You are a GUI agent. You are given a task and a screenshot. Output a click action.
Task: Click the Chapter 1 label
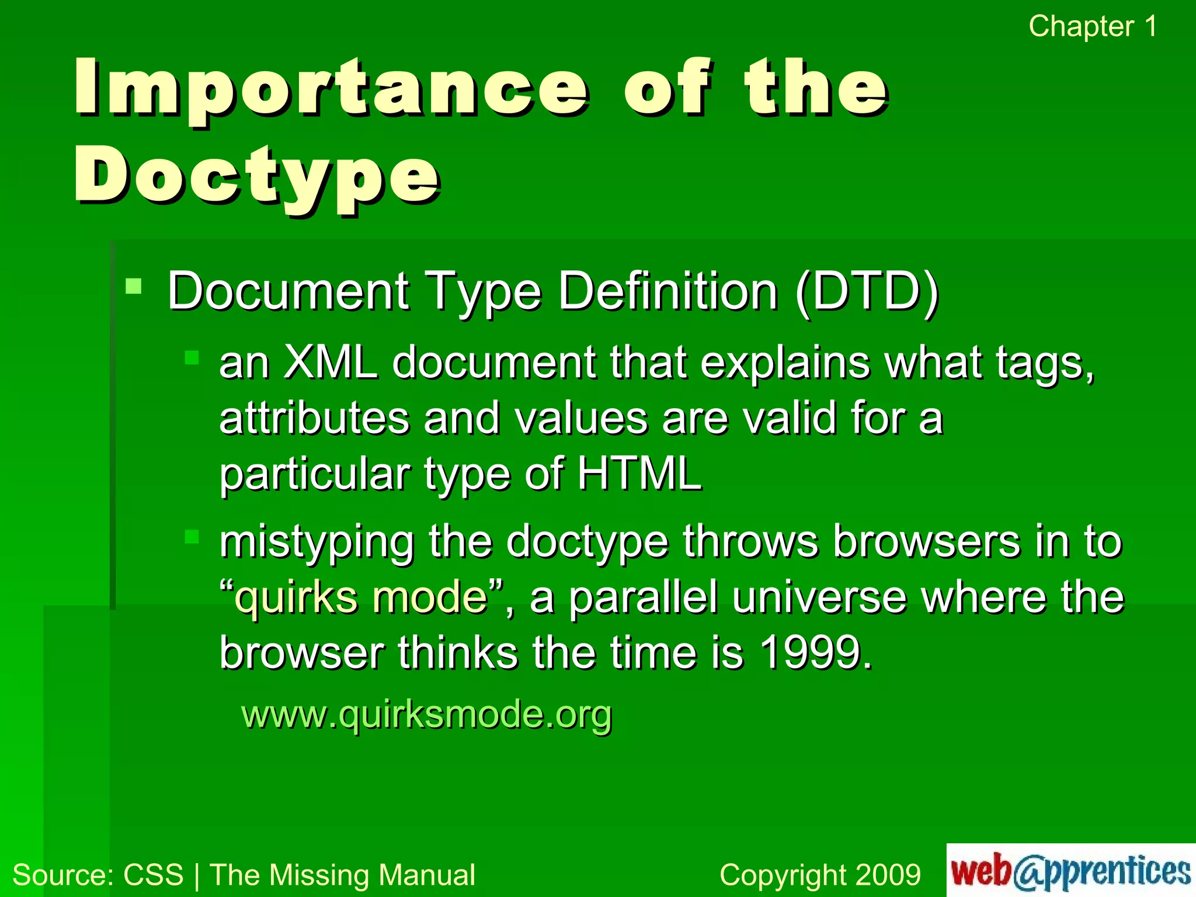tap(1092, 27)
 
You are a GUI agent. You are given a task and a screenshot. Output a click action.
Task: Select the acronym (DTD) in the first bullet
tap(867, 291)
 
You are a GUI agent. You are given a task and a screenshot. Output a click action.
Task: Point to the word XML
tap(331, 363)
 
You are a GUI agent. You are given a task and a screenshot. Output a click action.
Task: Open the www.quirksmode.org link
tap(426, 714)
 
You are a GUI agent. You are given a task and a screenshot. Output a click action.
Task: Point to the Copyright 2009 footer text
tap(820, 875)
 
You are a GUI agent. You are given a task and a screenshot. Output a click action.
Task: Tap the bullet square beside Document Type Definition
tap(134, 286)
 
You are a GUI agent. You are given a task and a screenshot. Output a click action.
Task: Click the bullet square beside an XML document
tap(192, 357)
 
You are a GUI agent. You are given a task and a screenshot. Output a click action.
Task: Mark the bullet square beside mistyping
tap(192, 536)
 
